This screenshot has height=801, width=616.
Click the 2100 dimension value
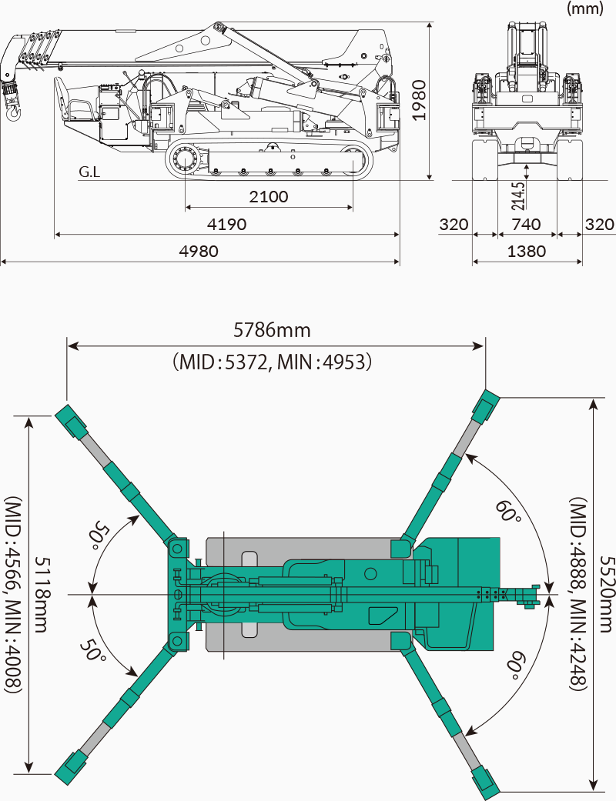click(x=269, y=197)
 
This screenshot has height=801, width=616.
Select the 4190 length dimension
click(x=226, y=225)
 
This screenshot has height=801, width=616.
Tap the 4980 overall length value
click(x=199, y=251)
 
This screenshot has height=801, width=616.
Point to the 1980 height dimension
click(x=418, y=100)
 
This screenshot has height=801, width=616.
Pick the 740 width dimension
click(x=527, y=225)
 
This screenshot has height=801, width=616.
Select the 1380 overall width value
click(x=527, y=251)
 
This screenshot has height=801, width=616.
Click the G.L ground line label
click(x=89, y=172)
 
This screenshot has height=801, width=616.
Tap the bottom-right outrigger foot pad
click(x=483, y=781)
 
